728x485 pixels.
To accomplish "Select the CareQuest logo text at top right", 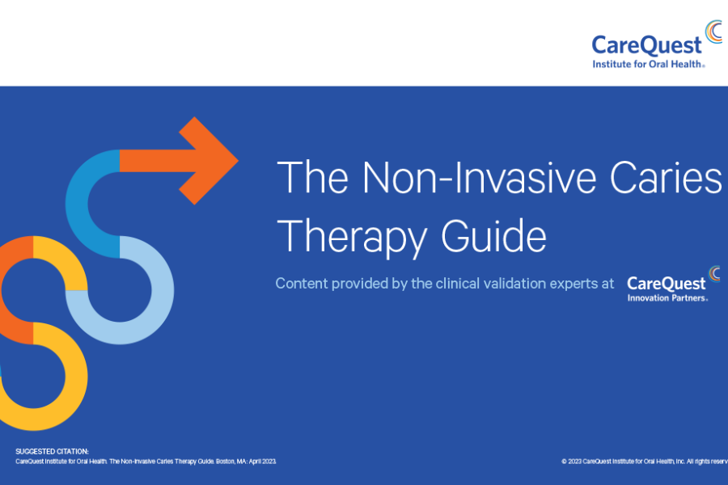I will [x=646, y=45].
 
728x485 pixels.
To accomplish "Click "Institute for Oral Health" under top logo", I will [x=648, y=63].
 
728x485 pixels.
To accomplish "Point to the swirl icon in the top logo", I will [x=713, y=32].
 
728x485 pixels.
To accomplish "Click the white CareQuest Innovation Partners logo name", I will [x=666, y=283].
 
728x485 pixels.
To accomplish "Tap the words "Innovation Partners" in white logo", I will [x=667, y=297].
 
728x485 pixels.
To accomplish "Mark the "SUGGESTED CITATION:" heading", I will [x=53, y=451].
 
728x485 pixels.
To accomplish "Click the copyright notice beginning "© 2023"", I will [x=644, y=462].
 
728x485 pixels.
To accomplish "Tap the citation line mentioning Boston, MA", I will [x=146, y=462].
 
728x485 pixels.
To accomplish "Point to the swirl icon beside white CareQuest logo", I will [x=714, y=273].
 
